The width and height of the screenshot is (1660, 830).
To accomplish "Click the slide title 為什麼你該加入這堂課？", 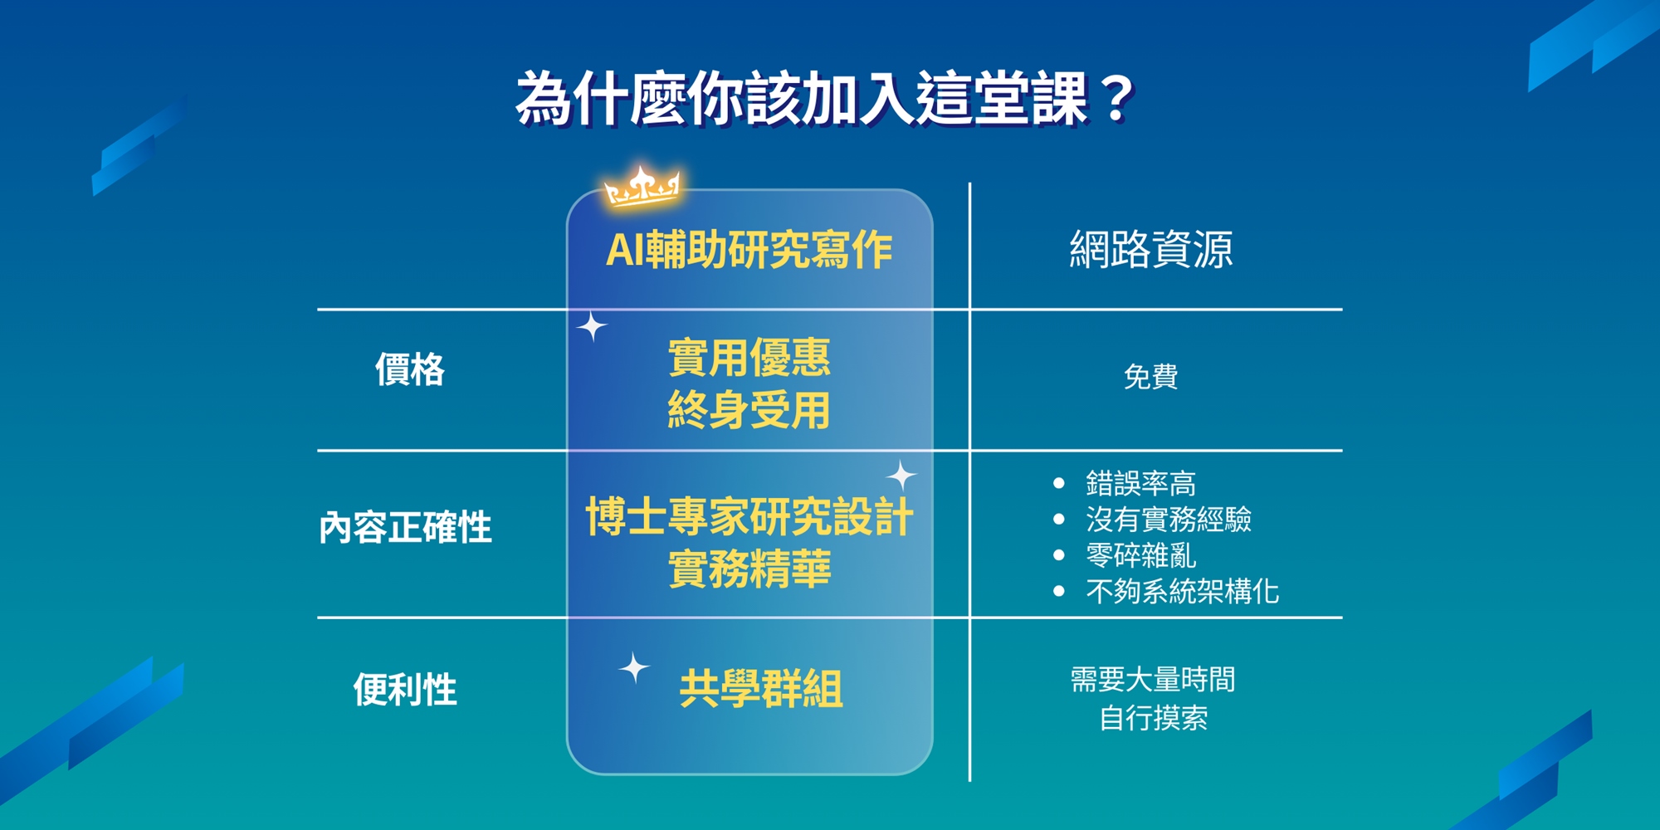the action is tap(825, 99).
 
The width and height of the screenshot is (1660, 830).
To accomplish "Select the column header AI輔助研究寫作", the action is tap(749, 249).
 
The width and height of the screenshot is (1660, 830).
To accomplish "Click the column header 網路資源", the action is tap(1151, 249).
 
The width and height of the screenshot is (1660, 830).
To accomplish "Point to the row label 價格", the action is tap(410, 369).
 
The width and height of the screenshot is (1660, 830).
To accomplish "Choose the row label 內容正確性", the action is tap(406, 527).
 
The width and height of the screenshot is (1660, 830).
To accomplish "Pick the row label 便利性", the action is tap(405, 689).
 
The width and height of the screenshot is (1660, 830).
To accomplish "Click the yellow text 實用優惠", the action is tap(749, 358).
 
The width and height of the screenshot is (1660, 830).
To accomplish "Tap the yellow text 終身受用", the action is tap(749, 410).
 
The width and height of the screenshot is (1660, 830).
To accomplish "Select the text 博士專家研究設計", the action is tap(749, 516).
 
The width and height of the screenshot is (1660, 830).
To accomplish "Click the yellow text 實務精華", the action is tap(749, 569).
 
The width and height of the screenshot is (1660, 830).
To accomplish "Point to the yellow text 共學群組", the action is tap(761, 689).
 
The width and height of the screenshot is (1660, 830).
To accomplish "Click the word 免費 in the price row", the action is tap(1151, 377).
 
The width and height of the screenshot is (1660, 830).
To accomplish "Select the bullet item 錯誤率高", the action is tap(1141, 483).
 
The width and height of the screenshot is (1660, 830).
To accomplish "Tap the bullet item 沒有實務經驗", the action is tap(1169, 520).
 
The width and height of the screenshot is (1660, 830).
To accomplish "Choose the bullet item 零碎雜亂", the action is tap(1141, 555).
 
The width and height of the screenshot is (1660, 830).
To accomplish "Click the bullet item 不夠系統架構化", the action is tap(1183, 592).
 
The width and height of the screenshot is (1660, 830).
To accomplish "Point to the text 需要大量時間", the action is tap(1153, 680).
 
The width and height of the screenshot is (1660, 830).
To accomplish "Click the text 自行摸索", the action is tap(1154, 718).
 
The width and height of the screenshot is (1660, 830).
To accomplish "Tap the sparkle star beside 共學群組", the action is tap(634, 667).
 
